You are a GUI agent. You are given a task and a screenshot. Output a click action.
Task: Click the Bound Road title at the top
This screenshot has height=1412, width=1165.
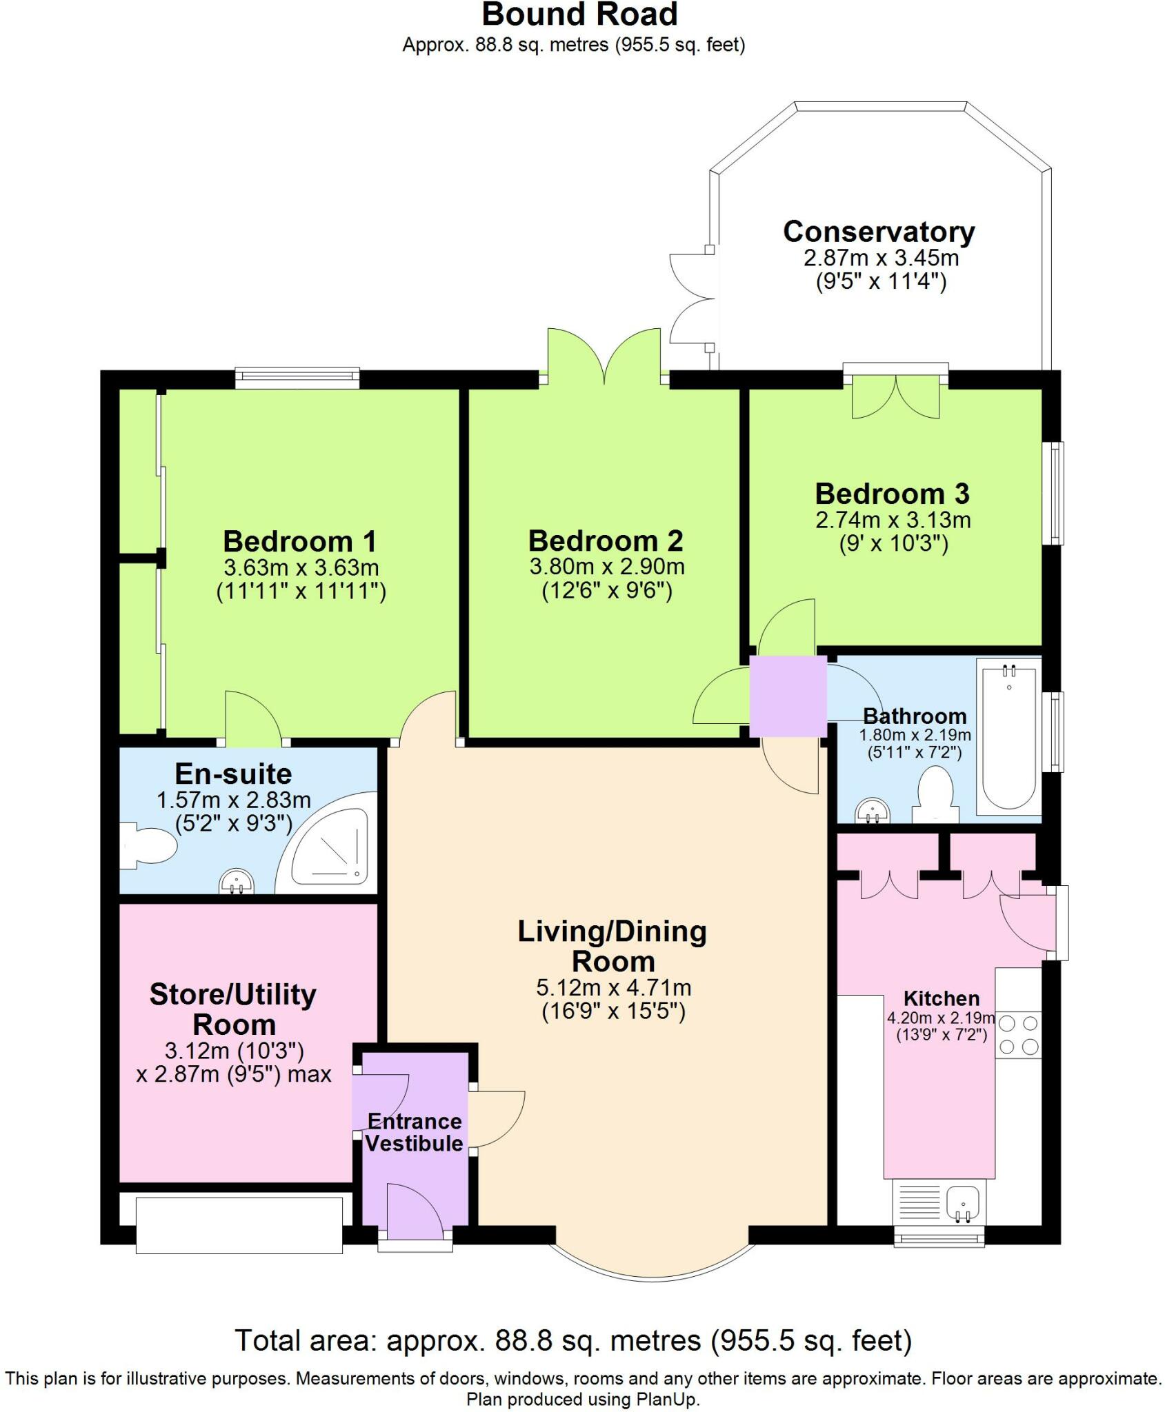pyautogui.click(x=579, y=14)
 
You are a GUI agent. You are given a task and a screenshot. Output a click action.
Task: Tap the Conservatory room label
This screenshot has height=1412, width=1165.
pyautogui.click(x=879, y=232)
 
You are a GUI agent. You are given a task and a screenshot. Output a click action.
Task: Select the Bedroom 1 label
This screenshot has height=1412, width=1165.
pyautogui.click(x=300, y=541)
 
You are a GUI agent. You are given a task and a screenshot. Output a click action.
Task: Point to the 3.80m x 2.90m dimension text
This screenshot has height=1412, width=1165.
pyautogui.click(x=607, y=567)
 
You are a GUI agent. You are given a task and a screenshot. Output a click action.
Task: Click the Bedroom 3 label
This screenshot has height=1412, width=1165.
pyautogui.click(x=893, y=494)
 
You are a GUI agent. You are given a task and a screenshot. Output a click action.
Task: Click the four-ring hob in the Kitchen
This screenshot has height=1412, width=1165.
pyautogui.click(x=1018, y=1036)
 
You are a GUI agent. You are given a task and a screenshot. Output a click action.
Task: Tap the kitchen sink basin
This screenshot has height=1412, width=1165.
pyautogui.click(x=964, y=1203)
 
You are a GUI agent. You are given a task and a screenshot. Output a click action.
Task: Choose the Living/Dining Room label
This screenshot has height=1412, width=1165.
pyautogui.click(x=613, y=946)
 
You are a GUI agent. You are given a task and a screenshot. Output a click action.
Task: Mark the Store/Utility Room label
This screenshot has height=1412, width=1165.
pyautogui.click(x=233, y=1009)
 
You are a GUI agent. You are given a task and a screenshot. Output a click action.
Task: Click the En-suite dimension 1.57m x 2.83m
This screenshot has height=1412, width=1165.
pyautogui.click(x=234, y=800)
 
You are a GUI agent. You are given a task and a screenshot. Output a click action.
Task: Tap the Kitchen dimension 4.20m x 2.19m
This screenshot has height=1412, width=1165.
pyautogui.click(x=941, y=1018)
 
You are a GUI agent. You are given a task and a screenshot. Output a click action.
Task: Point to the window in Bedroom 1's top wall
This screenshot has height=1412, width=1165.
pyautogui.click(x=297, y=377)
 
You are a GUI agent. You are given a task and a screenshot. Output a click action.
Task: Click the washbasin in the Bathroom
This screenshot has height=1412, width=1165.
pyautogui.click(x=873, y=811)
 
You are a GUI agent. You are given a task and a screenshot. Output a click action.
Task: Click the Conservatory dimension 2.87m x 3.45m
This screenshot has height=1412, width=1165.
pyautogui.click(x=881, y=259)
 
